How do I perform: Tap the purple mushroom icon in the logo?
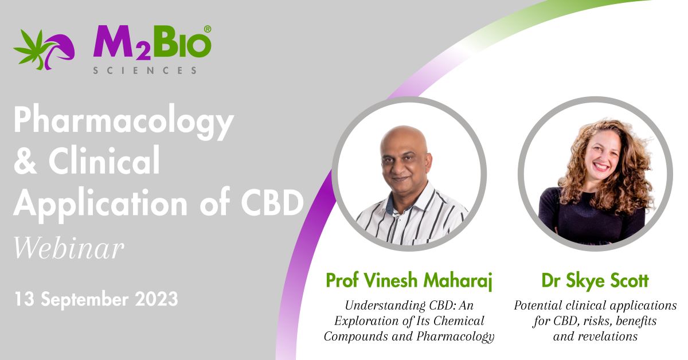point(60,49)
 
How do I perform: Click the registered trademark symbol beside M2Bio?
point(208,29)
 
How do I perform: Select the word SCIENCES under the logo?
point(144,71)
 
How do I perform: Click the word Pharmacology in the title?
point(124,121)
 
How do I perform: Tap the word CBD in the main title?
point(272,202)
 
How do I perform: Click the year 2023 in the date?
point(157,299)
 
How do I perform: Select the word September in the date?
point(85,299)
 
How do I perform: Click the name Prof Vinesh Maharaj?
point(409,280)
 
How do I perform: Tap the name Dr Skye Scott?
point(595,280)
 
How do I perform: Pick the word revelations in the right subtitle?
point(608,336)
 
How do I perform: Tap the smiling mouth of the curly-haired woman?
point(601,167)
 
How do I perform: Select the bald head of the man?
point(404,138)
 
